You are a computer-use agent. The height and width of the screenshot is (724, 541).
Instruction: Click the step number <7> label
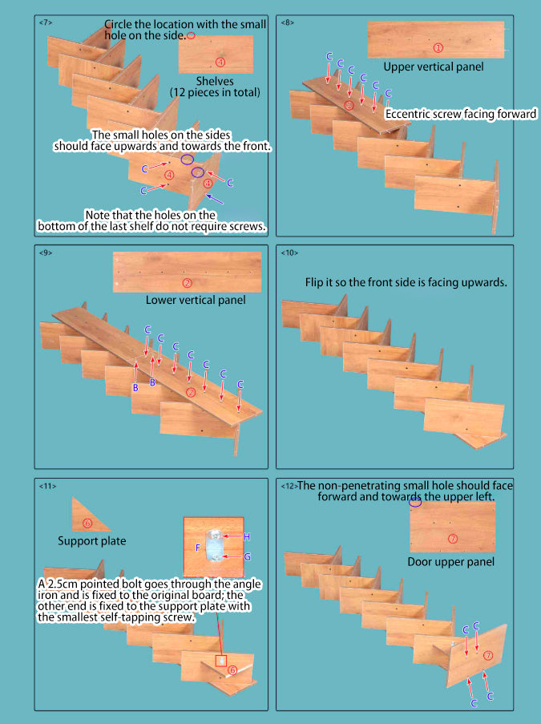(46, 22)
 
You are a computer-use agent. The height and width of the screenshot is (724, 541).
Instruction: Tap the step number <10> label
(289, 253)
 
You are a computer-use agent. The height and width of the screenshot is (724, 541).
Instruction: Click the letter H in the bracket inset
(247, 536)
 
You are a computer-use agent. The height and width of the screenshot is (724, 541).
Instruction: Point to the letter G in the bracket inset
(248, 556)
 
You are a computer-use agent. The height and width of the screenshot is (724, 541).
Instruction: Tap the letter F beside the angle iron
(198, 547)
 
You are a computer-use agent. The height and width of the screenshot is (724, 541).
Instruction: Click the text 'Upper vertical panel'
(434, 67)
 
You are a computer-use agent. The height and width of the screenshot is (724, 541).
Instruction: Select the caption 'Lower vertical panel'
(196, 300)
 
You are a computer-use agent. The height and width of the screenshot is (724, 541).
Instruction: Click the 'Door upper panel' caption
(451, 562)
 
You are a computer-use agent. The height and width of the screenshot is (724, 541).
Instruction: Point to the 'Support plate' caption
(92, 541)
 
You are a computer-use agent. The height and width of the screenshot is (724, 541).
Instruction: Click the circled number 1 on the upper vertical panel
(438, 47)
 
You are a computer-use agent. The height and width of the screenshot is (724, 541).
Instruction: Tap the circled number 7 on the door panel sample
(453, 538)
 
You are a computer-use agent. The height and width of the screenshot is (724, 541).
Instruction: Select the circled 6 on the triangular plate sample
(87, 523)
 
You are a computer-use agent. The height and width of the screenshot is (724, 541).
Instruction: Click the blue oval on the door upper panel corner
(415, 503)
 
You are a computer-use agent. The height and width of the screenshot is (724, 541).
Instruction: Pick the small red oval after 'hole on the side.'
(191, 35)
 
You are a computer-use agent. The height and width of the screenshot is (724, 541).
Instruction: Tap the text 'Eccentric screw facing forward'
(461, 114)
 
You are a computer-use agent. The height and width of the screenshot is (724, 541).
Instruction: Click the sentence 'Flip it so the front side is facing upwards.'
(406, 282)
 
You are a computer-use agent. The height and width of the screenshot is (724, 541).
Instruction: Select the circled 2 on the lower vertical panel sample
(188, 283)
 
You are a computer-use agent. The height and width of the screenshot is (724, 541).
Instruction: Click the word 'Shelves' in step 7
(215, 81)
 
